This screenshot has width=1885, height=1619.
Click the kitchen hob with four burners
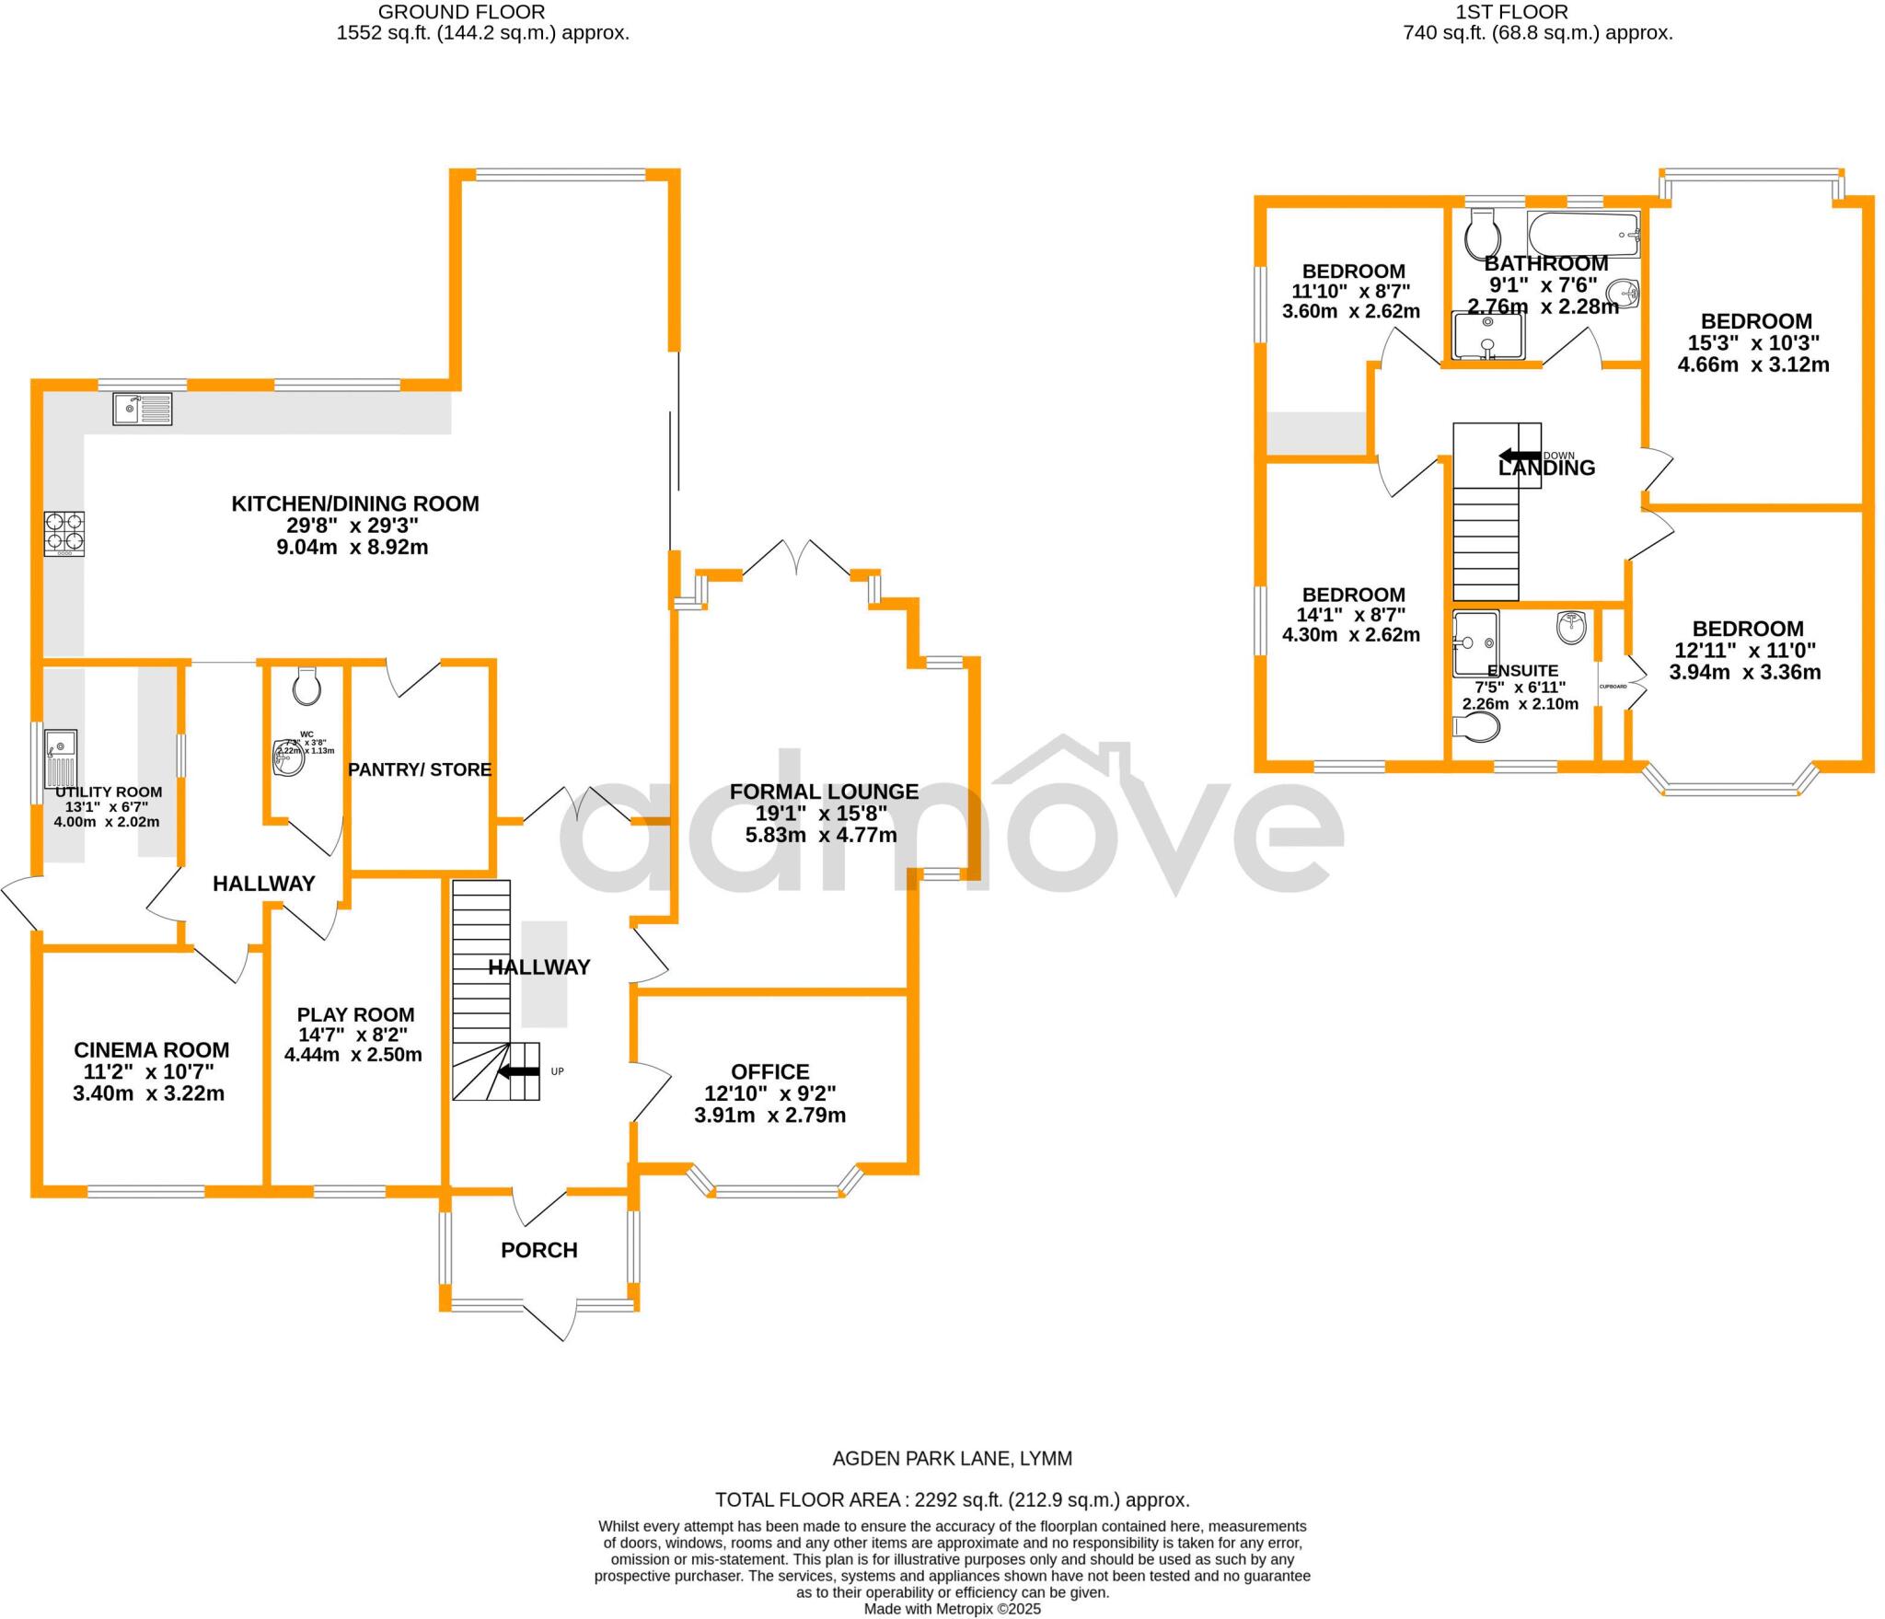(x=64, y=533)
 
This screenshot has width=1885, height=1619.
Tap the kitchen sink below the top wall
(x=143, y=409)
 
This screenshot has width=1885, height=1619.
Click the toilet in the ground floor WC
(x=305, y=686)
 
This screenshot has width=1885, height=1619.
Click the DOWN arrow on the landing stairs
(x=1520, y=455)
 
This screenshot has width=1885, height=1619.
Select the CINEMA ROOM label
(x=152, y=1049)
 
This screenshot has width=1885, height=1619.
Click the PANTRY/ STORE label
(x=420, y=769)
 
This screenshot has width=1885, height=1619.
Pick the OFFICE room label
(x=770, y=1071)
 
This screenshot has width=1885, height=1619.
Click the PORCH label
(x=539, y=1250)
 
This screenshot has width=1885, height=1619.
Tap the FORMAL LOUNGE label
(x=824, y=792)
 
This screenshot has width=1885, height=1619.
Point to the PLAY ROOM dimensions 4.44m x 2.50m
(x=353, y=1055)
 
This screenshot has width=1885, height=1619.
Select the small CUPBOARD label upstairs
(x=1613, y=687)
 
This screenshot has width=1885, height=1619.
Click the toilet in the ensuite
(x=1476, y=727)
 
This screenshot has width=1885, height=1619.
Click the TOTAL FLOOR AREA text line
(x=953, y=1525)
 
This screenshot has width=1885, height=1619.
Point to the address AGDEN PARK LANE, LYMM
(x=953, y=1484)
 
